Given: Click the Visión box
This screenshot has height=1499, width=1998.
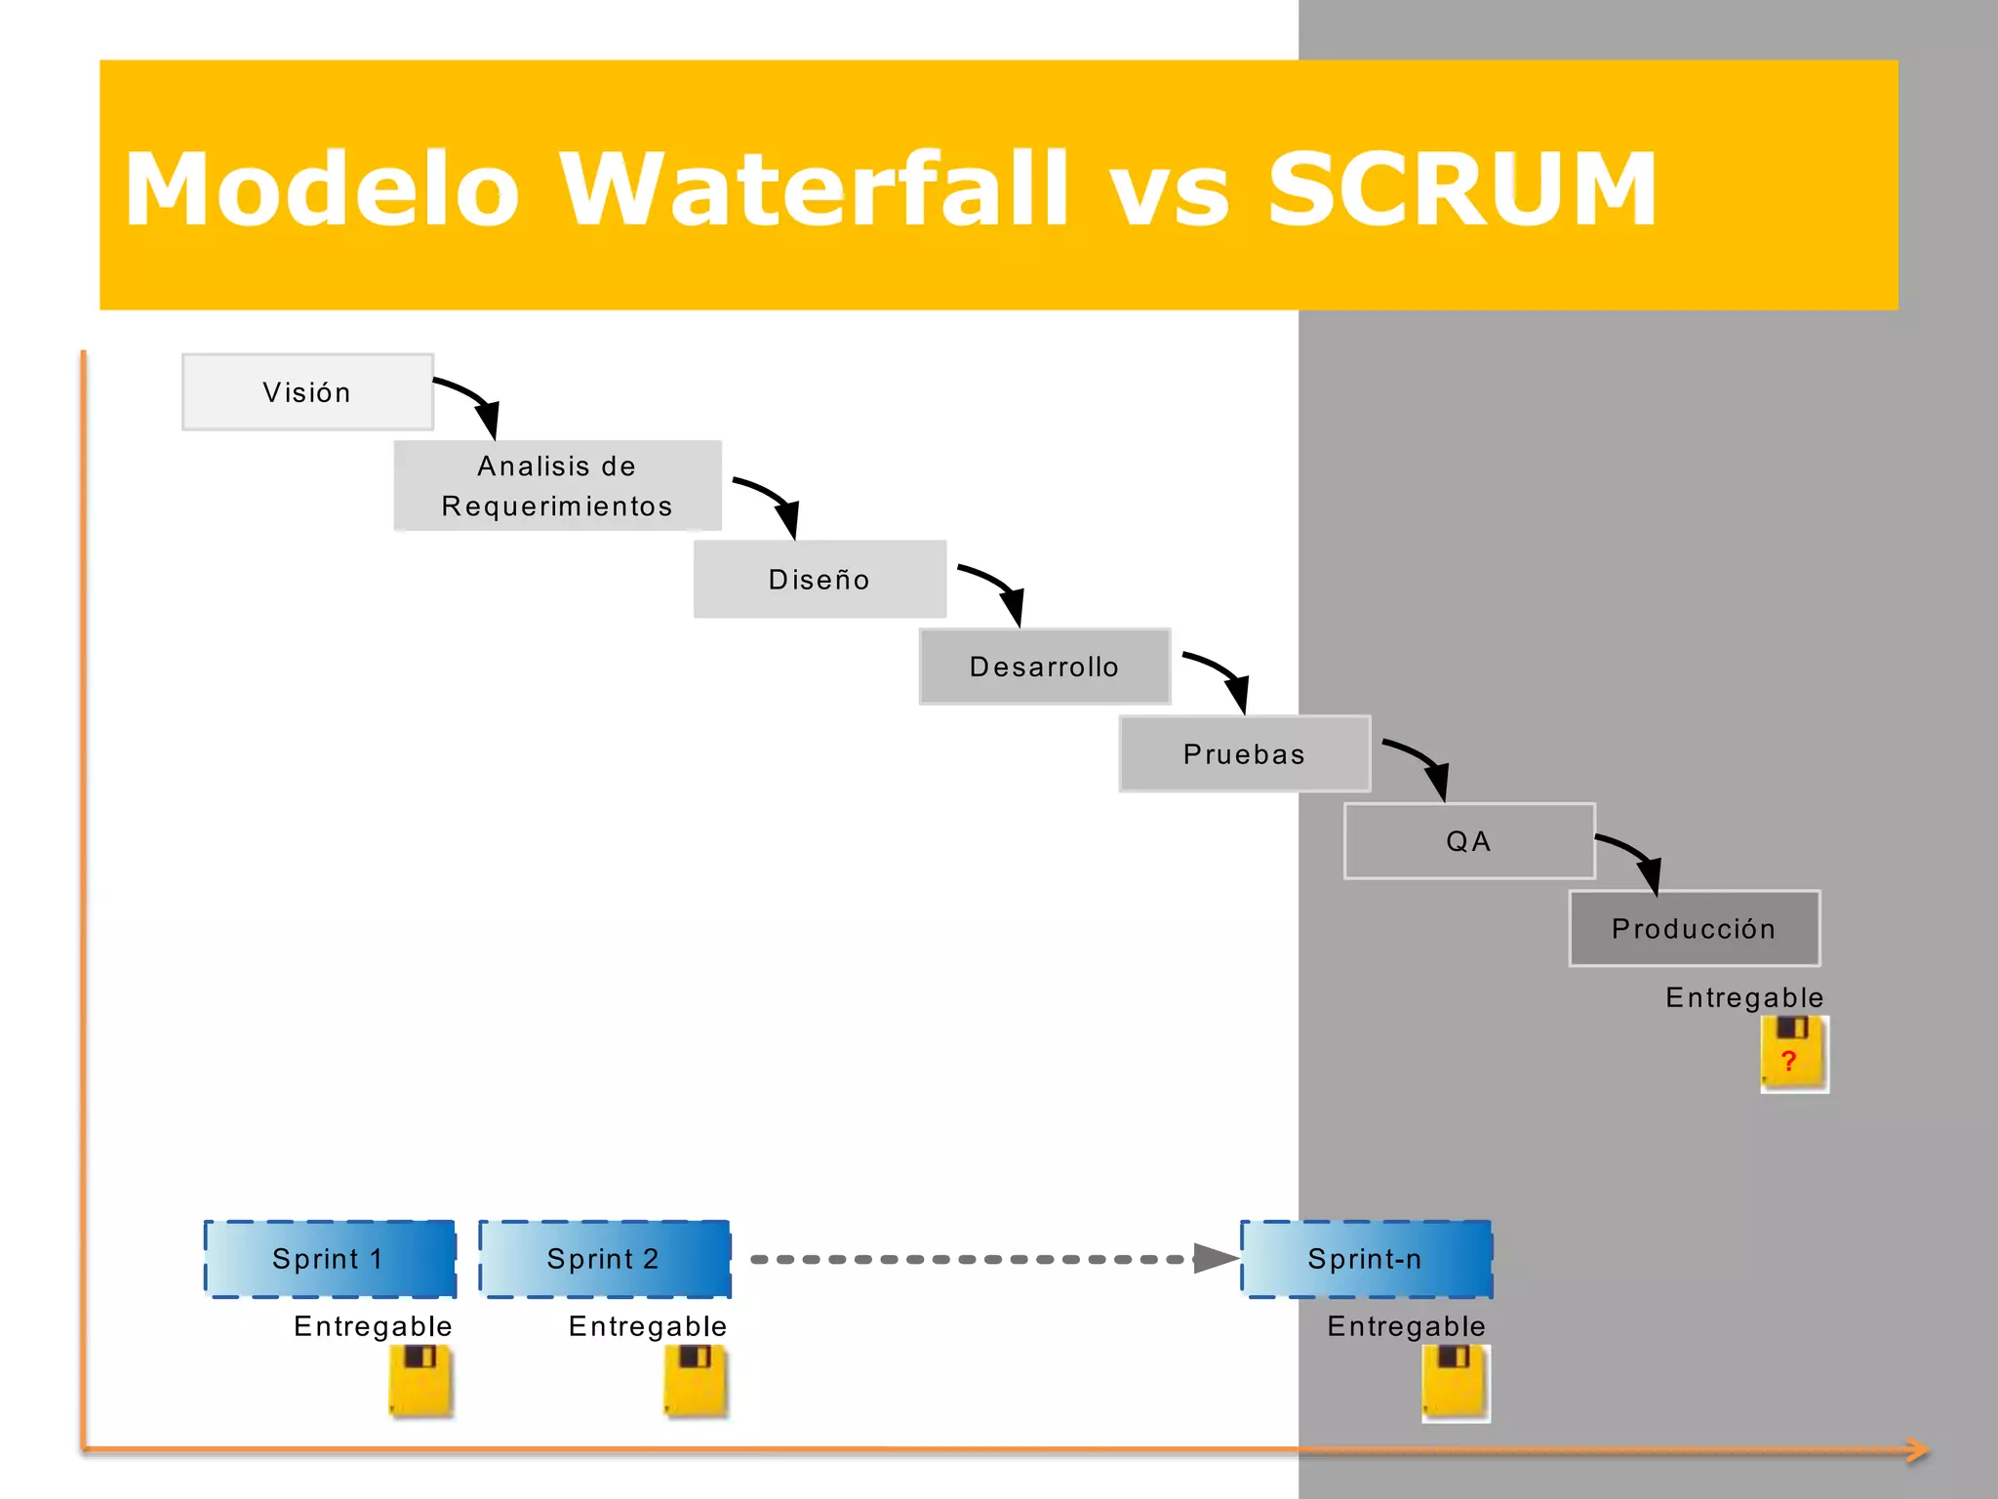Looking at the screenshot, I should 307,391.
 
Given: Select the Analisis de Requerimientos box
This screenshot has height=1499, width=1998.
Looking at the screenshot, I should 557,485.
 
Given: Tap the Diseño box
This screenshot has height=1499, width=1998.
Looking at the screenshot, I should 819,579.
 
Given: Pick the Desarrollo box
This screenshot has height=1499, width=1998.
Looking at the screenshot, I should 1044,667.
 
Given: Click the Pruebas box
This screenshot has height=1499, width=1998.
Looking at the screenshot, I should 1244,753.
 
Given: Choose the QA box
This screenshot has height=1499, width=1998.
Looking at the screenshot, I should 1469,841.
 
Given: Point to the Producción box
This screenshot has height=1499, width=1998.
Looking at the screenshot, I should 1694,928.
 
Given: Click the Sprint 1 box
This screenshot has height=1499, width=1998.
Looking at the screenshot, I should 330,1259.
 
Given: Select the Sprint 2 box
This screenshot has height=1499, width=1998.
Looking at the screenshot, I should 604,1259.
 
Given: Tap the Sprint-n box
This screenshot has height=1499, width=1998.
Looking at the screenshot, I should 1366,1259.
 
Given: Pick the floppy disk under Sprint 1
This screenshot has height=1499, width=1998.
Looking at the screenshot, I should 420,1380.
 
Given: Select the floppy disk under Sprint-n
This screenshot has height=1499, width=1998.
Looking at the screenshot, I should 1455,1382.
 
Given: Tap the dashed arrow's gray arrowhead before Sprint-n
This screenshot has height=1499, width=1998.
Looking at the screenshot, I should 1216,1259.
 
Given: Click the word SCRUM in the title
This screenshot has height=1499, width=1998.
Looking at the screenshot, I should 1460,189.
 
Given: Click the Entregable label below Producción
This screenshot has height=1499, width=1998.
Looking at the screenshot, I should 1743,997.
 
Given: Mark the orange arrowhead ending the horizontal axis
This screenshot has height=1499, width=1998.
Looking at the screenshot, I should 1918,1450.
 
